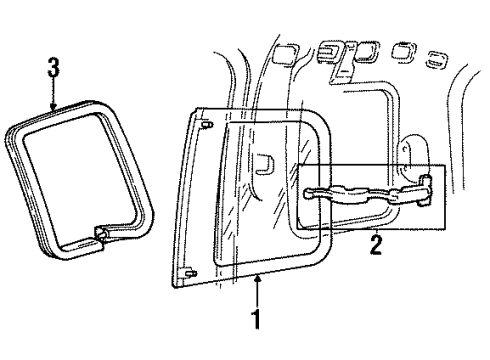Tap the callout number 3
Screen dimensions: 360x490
pyautogui.click(x=53, y=69)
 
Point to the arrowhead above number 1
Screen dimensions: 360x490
pyautogui.click(x=259, y=282)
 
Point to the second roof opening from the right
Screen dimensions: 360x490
pyautogui.click(x=404, y=50)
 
